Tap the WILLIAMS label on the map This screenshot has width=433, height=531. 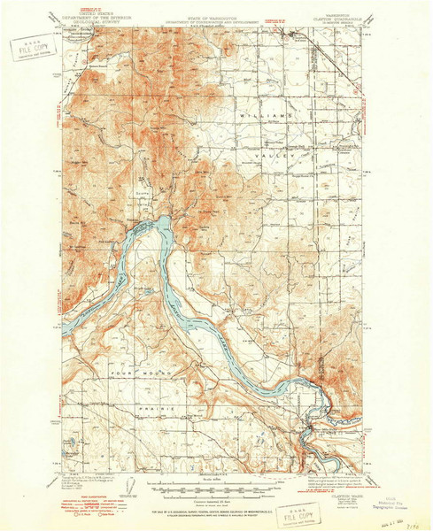(x=277, y=116)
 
